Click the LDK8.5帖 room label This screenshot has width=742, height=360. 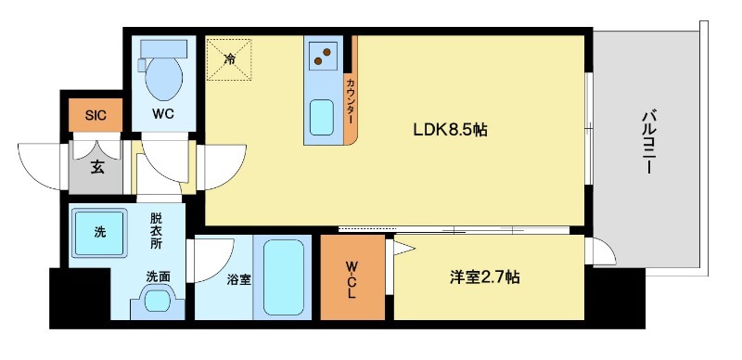click(450, 131)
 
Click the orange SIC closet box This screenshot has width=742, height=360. click(96, 115)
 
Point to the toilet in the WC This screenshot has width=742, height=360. click(164, 79)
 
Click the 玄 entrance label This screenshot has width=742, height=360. click(96, 168)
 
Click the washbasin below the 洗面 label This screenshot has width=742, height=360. click(157, 300)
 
